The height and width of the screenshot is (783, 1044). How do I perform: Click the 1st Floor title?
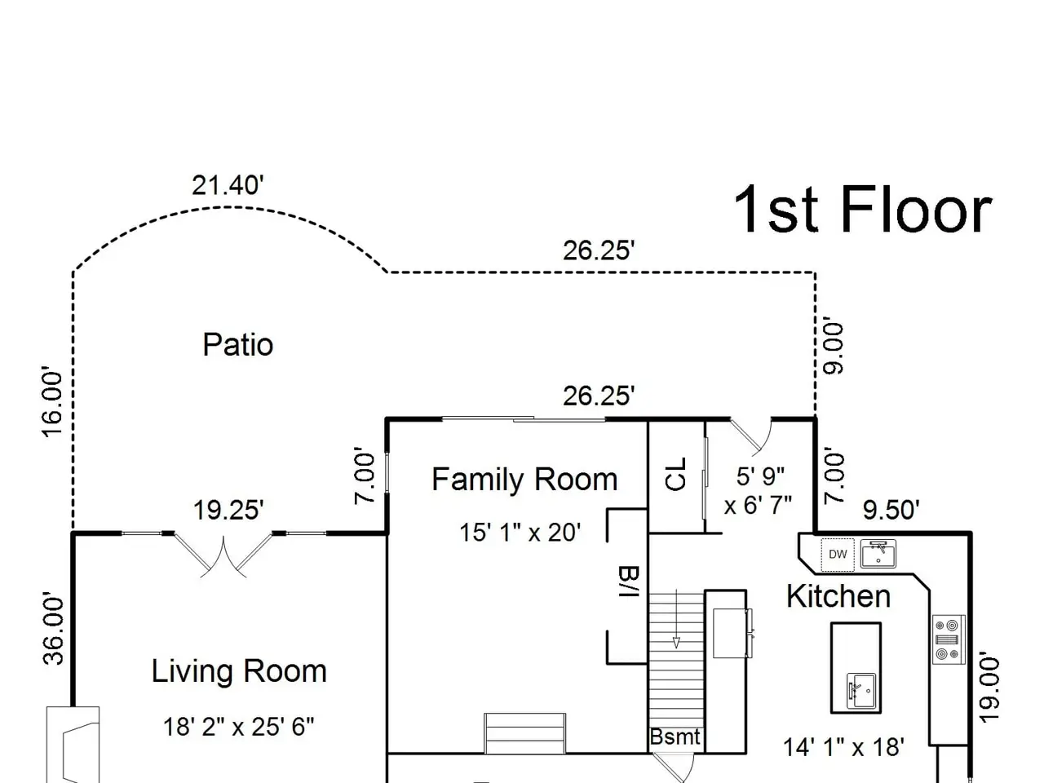[863, 210]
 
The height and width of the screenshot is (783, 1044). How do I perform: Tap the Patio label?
[238, 345]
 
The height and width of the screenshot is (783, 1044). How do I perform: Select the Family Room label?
[524, 480]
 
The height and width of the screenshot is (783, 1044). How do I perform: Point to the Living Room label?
[239, 670]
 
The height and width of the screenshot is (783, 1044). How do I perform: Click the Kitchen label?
[838, 595]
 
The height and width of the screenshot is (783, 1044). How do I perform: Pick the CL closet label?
[676, 474]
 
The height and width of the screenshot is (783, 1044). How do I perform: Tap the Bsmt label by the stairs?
[675, 737]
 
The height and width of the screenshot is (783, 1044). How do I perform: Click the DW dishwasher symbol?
[838, 555]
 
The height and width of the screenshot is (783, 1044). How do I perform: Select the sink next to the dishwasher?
[878, 553]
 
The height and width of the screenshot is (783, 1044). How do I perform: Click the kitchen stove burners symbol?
[949, 640]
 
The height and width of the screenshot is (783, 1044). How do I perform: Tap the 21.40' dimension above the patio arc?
[228, 185]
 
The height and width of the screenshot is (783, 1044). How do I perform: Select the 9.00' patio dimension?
[834, 348]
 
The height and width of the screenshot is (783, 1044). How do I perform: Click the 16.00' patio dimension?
[52, 401]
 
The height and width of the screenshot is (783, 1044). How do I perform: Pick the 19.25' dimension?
[228, 510]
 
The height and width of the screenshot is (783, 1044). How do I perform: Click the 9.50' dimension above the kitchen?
[891, 510]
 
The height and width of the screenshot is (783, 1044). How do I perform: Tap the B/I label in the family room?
[629, 582]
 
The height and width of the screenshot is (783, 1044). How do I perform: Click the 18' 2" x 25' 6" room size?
[239, 727]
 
